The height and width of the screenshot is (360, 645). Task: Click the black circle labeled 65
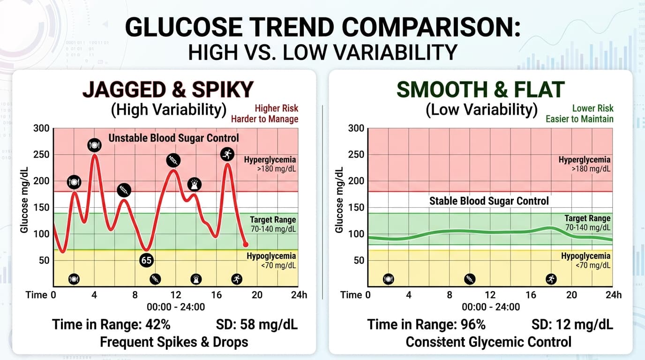point(147,260)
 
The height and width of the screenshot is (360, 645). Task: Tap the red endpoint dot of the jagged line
point(245,244)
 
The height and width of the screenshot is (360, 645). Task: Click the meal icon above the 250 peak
point(94,145)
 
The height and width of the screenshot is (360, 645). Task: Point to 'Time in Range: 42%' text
point(111,324)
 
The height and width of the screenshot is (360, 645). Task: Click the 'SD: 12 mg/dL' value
point(572,324)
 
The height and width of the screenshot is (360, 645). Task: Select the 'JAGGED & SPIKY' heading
point(168,89)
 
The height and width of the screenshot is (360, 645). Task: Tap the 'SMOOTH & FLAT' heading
point(480,89)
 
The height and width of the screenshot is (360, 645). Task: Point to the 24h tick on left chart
point(299,295)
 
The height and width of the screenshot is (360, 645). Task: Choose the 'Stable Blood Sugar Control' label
point(489,201)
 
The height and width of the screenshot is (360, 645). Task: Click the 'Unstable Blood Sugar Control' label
point(174,138)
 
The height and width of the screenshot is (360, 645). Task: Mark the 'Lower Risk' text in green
point(592,108)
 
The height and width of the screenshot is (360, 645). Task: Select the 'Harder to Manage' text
point(264,119)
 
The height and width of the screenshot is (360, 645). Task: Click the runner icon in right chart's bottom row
point(551,279)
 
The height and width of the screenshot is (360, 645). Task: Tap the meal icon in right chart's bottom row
point(389,279)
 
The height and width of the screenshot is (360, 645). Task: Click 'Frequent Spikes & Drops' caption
point(174,342)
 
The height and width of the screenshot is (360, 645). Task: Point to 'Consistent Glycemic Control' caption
point(488,342)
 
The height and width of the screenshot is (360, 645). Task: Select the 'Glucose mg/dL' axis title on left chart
point(24,201)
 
